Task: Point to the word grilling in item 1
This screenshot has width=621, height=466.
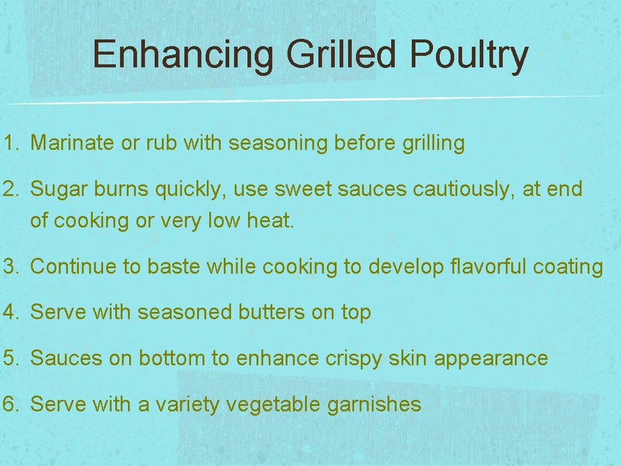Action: [x=433, y=143]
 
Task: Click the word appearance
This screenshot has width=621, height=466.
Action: [x=491, y=359]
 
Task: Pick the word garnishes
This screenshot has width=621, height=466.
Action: [x=374, y=405]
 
